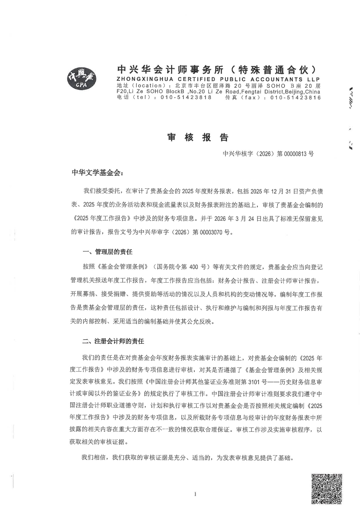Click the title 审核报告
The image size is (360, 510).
pos(198,138)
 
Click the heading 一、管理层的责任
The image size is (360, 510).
pos(107,252)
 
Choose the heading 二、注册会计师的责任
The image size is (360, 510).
pos(113,341)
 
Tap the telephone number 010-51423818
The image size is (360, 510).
pos(186,97)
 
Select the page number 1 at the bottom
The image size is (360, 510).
pos(195,494)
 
